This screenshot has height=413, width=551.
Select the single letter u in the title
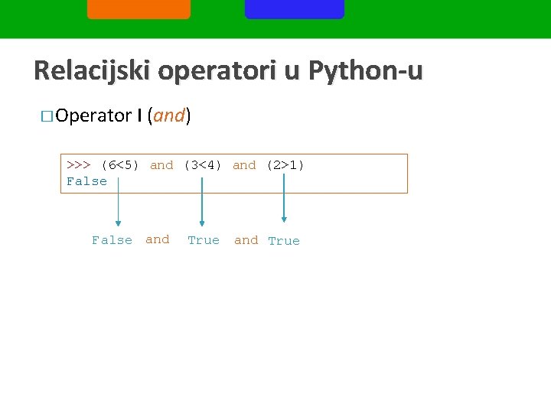tap(294, 72)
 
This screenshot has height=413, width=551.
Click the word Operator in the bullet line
tap(93, 115)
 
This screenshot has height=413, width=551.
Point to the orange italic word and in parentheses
tap(169, 115)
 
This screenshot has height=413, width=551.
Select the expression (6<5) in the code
tap(120, 165)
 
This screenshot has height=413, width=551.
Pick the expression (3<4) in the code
tap(203, 165)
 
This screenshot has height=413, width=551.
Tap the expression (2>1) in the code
tap(285, 165)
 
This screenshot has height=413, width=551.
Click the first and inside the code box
tap(161, 165)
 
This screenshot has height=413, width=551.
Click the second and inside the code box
tap(244, 165)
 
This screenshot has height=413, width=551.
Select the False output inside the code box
tap(87, 181)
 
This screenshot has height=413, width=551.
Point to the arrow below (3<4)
tap(201, 203)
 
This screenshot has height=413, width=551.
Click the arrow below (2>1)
tap(284, 199)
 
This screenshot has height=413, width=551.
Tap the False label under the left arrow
tap(112, 240)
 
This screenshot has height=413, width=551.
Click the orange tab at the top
tap(139, 8)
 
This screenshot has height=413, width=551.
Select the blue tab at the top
tap(295, 8)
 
